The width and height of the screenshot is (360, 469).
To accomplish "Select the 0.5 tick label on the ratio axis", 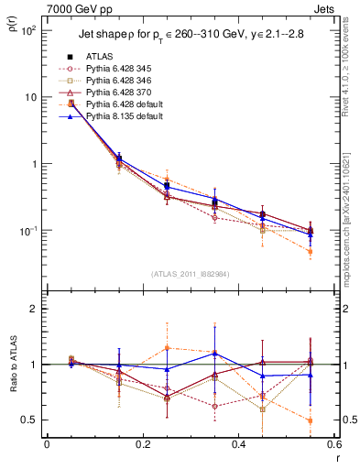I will tap(28, 420).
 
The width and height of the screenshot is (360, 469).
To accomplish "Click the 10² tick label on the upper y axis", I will tap(27, 30).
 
